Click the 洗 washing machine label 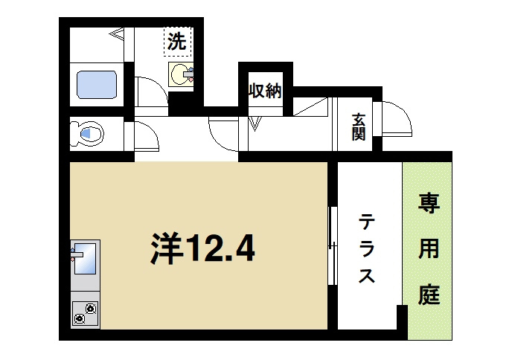177,42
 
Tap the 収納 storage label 264,91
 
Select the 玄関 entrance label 359,127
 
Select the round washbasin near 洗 181,75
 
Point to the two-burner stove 85,313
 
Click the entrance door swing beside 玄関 396,118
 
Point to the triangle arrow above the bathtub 118,33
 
